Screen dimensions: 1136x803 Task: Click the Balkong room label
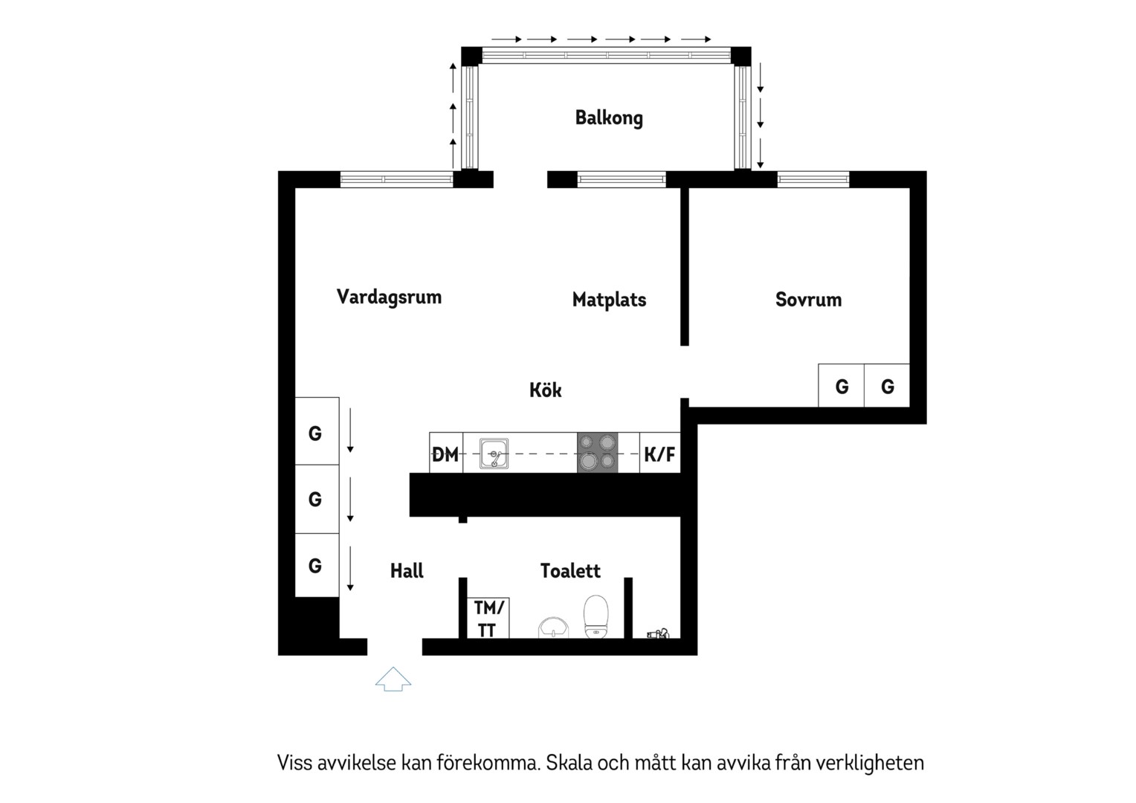pyautogui.click(x=609, y=118)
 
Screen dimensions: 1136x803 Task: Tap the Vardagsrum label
pyautogui.click(x=389, y=297)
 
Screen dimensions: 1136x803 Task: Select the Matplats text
pyautogui.click(x=609, y=300)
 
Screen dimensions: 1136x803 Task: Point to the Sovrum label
pyautogui.click(x=808, y=300)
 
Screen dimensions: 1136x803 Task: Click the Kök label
pyautogui.click(x=545, y=390)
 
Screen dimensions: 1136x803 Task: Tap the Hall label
pyautogui.click(x=407, y=571)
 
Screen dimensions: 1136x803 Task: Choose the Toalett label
pyautogui.click(x=570, y=571)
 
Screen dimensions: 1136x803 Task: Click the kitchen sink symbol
pyautogui.click(x=494, y=454)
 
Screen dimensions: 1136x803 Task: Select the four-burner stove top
pyautogui.click(x=598, y=453)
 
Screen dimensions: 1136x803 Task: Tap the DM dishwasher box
pyautogui.click(x=446, y=453)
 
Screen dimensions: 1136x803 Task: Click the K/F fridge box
pyautogui.click(x=659, y=453)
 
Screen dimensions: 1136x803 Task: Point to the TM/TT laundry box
pyautogui.click(x=488, y=618)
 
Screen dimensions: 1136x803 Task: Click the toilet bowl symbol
pyautogui.click(x=596, y=616)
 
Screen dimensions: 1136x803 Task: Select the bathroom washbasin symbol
pyautogui.click(x=553, y=628)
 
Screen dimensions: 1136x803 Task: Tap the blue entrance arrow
pyautogui.click(x=393, y=679)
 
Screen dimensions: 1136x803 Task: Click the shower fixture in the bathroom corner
pyautogui.click(x=658, y=633)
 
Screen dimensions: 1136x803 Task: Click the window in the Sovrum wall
pyautogui.click(x=813, y=179)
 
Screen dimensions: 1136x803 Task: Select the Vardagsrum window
pyautogui.click(x=396, y=179)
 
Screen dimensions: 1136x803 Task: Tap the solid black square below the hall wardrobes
pyautogui.click(x=317, y=617)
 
